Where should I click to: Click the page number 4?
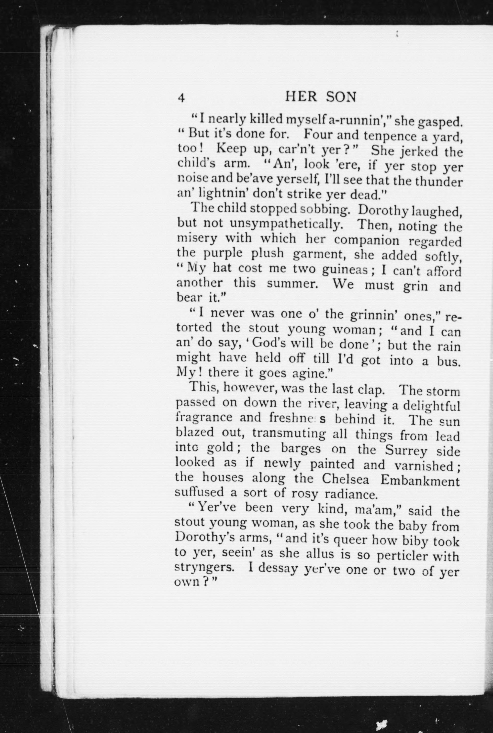click(181, 98)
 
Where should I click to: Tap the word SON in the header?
click(341, 97)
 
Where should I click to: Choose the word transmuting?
click(289, 434)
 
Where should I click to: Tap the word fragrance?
click(204, 418)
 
